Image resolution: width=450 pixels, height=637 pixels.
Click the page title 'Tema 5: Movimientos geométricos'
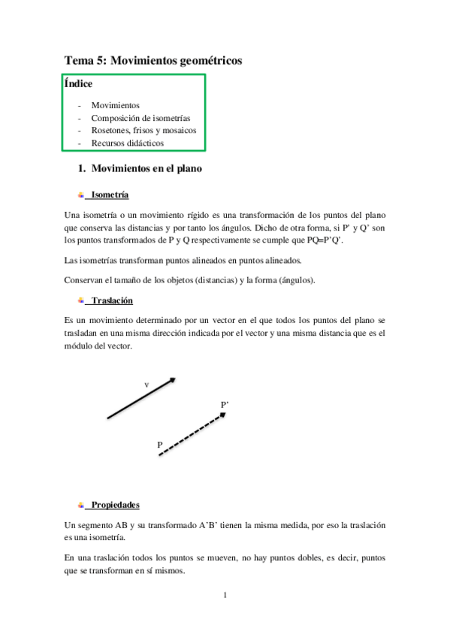point(153,62)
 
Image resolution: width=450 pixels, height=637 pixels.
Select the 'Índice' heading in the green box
point(79,84)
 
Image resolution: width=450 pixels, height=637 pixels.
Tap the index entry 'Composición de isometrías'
point(140,118)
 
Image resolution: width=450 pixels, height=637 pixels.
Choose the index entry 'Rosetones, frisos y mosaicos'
point(143,130)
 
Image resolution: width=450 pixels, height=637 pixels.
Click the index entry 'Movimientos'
point(115,106)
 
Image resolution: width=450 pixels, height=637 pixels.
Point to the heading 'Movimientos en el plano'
point(146,169)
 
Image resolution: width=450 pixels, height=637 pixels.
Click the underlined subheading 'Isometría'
point(109,195)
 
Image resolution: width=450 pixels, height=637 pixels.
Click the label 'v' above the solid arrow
point(146,385)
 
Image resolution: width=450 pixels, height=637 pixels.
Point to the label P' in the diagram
point(225,405)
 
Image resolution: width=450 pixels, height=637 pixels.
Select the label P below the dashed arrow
point(160,445)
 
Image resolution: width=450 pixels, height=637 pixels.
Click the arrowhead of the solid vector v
point(173,381)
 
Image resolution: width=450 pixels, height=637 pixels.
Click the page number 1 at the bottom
point(225,596)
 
